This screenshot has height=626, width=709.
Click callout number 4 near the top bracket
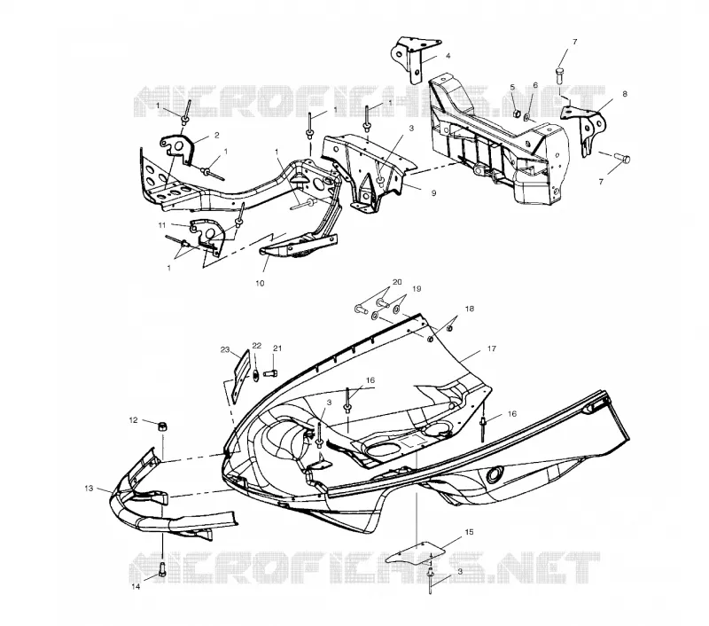pos(448,56)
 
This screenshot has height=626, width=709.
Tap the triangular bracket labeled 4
pos(412,58)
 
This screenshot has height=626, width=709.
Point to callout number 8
pos(625,94)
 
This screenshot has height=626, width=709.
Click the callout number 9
pos(433,193)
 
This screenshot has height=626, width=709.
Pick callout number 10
pos(260,284)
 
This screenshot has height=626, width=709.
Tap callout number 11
pos(162,225)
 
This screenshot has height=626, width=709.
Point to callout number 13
pos(89,489)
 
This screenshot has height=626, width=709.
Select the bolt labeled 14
pos(162,569)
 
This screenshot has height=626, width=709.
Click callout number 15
pos(469,532)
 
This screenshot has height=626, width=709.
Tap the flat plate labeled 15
pos(415,552)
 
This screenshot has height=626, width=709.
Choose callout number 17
pos(492,348)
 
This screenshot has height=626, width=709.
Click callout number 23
pos(225,349)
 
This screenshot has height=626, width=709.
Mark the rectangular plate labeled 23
pos(240,376)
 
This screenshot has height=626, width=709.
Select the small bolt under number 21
pos(270,373)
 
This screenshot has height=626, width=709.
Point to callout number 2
pos(216,136)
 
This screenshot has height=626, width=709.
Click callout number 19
pos(417,288)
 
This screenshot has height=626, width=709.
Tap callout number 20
pos(397,282)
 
